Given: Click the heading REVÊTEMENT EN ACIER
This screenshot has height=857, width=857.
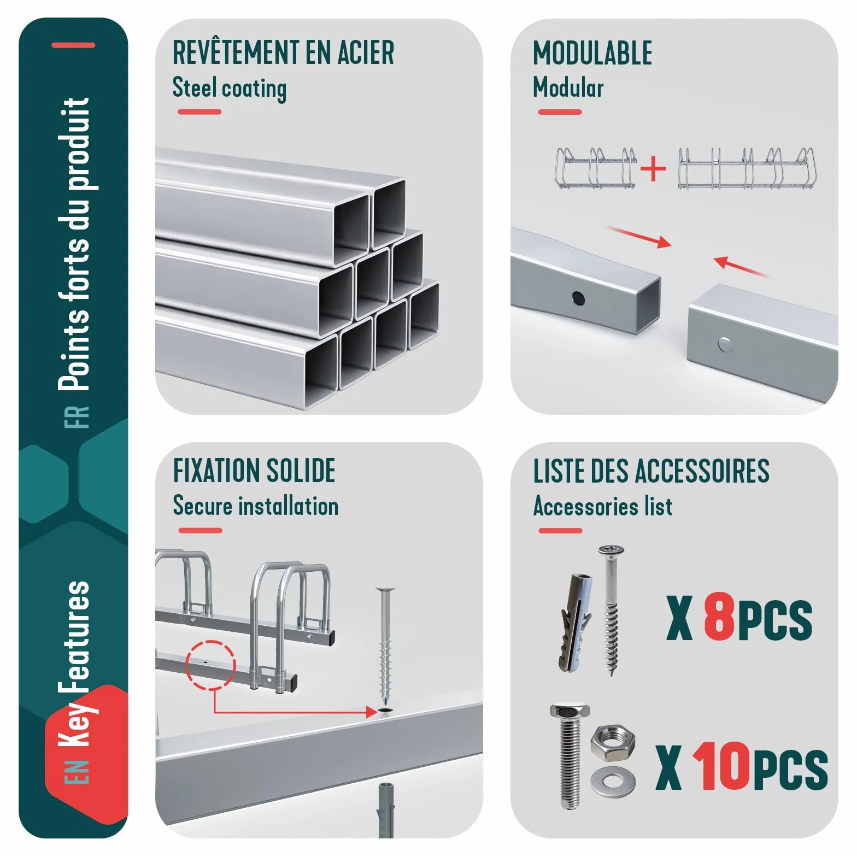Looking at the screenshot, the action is [x=283, y=52].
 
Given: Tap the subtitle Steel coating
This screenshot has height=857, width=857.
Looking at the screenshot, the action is [x=230, y=88].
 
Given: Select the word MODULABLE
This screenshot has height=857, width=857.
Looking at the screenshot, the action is [x=592, y=53].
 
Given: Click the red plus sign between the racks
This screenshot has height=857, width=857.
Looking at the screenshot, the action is [x=653, y=169].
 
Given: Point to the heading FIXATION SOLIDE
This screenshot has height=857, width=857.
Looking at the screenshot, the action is [x=254, y=471].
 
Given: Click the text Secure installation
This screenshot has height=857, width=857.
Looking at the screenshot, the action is [x=256, y=506].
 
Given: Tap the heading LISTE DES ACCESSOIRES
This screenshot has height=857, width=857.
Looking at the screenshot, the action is [x=651, y=471].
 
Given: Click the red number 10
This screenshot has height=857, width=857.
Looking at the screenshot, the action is [x=720, y=766].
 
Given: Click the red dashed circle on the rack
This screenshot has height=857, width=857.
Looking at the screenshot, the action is [x=211, y=665].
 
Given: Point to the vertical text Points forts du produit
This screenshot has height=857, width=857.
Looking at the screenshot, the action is [x=75, y=244].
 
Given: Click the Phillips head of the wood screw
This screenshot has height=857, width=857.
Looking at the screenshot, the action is [x=611, y=550].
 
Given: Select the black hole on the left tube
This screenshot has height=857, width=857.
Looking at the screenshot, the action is [x=578, y=298].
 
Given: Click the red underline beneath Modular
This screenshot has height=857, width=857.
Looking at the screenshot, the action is [x=560, y=112].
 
